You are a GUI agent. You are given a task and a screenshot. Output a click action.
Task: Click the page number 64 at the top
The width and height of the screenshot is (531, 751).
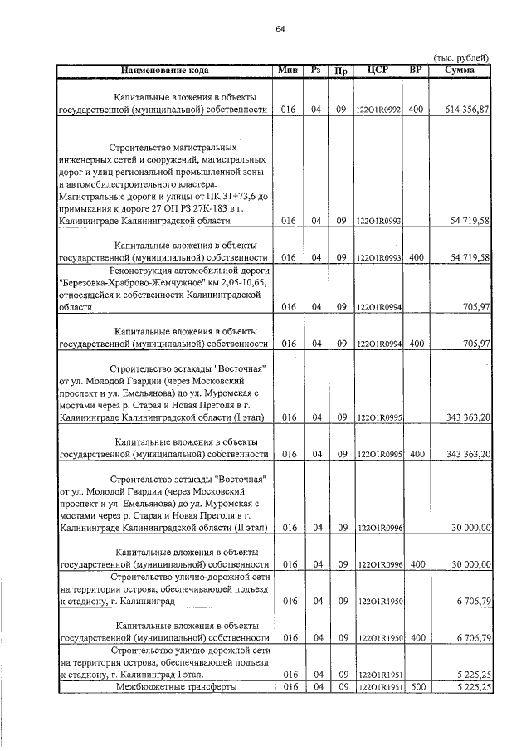click(x=280, y=30)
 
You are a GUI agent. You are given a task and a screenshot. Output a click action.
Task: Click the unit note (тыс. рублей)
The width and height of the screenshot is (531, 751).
click(x=461, y=57)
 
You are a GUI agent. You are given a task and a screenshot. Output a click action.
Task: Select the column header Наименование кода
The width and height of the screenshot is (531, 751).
click(x=163, y=70)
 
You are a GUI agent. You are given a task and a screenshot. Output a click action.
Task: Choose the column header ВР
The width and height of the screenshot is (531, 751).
click(x=416, y=70)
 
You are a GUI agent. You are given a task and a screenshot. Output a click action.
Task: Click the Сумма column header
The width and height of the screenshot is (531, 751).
click(x=459, y=70)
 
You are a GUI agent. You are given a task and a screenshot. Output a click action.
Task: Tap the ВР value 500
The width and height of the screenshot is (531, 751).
click(x=417, y=687)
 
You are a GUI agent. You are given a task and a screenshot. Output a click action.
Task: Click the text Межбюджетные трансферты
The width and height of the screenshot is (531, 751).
click(x=164, y=687)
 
